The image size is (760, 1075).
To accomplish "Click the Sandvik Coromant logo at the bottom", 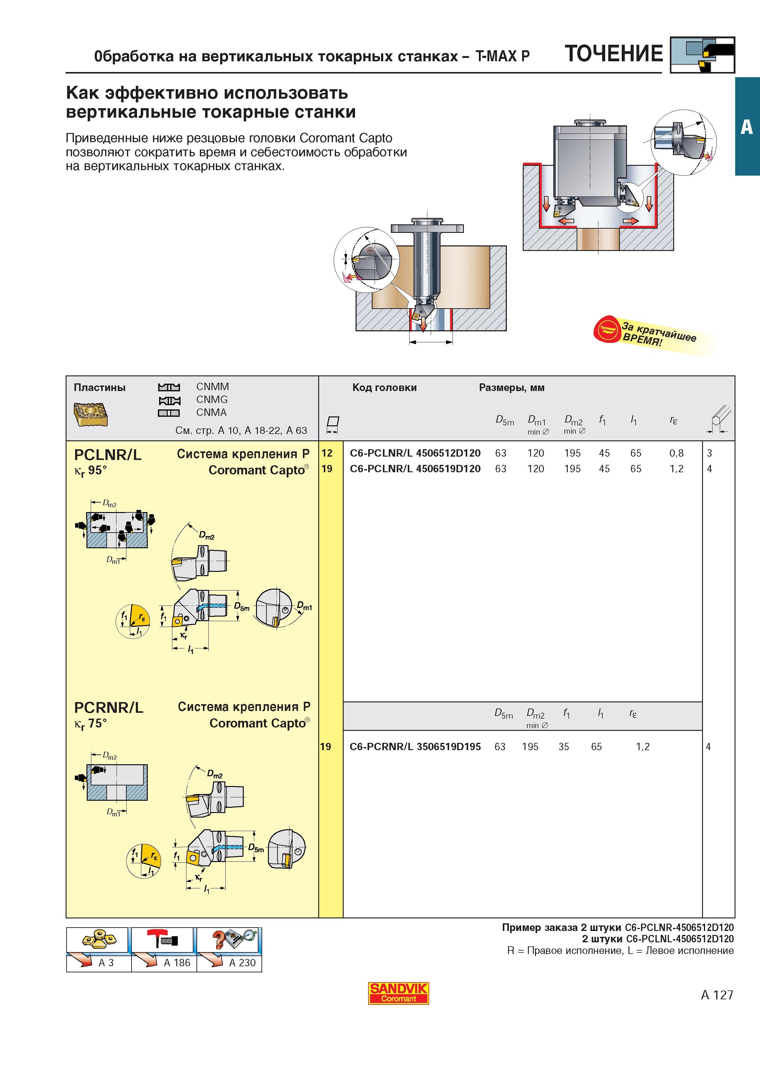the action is pos(398,993).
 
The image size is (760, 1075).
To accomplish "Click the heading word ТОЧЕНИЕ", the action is pos(614,54).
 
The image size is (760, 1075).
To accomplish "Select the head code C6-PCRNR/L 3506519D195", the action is pos(415,747).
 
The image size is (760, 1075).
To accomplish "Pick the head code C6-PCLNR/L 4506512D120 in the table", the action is pos(415,453).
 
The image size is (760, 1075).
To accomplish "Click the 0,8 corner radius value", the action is pos(676,453).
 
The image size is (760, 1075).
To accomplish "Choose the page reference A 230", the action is pos(242,963).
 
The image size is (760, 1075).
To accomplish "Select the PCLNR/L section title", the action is pos(108,455).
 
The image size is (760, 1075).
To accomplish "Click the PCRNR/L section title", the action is pos(109,708).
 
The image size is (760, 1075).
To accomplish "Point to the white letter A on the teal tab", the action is pos(747,127).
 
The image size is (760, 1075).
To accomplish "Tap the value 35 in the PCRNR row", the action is pos(564,747).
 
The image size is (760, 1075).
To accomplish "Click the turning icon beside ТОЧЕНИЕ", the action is pos(702,55).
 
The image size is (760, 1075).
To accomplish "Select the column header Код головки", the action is pos(384,388).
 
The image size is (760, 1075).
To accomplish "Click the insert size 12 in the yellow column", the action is pos(327,453).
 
